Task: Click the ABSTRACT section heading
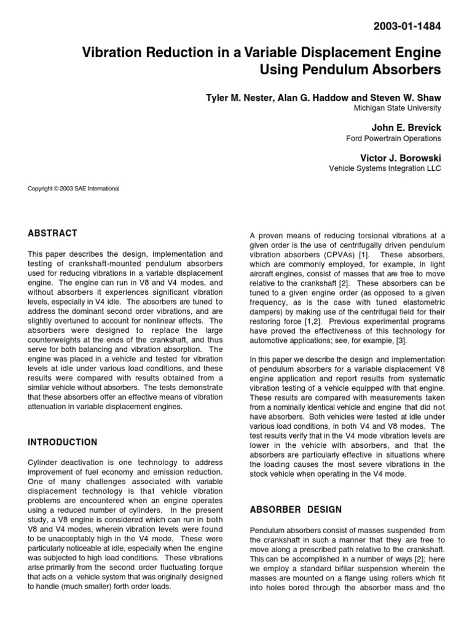(x=53, y=233)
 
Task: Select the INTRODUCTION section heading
(x=63, y=442)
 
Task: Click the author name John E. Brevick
(x=406, y=127)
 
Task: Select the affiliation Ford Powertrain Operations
(x=394, y=138)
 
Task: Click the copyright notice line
(x=74, y=189)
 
